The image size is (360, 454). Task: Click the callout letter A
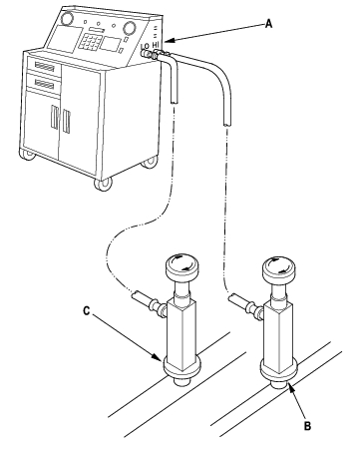point(268,24)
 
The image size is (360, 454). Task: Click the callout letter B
point(307,426)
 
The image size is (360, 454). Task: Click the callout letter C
point(87,311)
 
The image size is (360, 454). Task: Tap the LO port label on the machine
point(145,47)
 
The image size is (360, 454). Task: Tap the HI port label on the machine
point(156,45)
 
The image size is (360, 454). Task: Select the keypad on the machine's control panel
point(89,41)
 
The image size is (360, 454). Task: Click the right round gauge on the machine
point(129,27)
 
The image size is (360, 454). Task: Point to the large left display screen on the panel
point(65,39)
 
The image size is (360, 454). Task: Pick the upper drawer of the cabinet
point(44,67)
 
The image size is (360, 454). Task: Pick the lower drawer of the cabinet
point(44,84)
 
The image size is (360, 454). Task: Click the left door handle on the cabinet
point(54,117)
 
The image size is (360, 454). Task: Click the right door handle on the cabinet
point(66,121)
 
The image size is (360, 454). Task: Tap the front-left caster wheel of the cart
point(27,155)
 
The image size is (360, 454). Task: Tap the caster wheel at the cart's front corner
point(103,184)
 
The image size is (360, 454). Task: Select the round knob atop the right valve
point(279,267)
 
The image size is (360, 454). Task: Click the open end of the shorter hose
point(175,101)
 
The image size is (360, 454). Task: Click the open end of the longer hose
point(226,123)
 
